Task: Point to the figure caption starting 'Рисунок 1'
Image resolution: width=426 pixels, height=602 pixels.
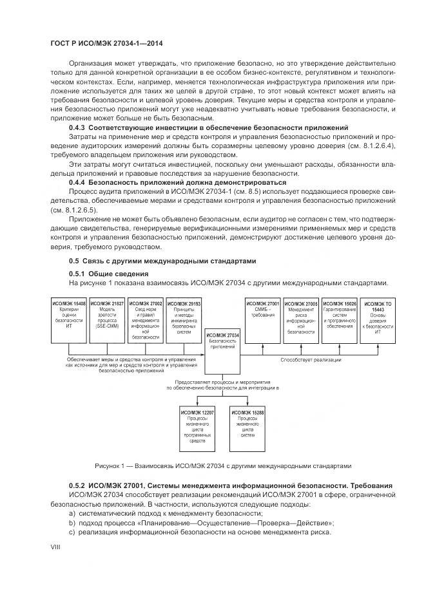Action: [x=222, y=466]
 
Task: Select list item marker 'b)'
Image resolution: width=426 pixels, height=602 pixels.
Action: [x=72, y=523]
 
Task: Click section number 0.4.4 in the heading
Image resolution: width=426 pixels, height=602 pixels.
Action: [x=79, y=183]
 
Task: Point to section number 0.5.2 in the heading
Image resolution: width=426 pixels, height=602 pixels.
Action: [x=79, y=484]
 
